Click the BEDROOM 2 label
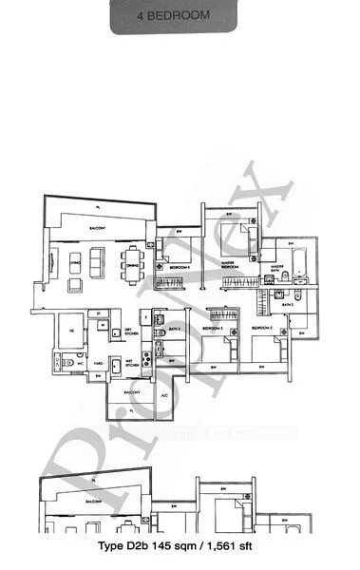263,329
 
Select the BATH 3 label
175,328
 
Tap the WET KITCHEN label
131,361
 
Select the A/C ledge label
164,395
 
